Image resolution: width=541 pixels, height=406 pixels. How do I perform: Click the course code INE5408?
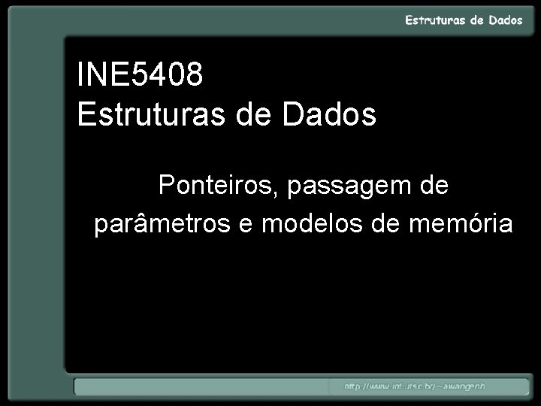[140, 75]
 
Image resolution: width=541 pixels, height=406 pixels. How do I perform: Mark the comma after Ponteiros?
[278, 194]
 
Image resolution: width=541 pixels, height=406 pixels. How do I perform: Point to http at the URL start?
[354, 386]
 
